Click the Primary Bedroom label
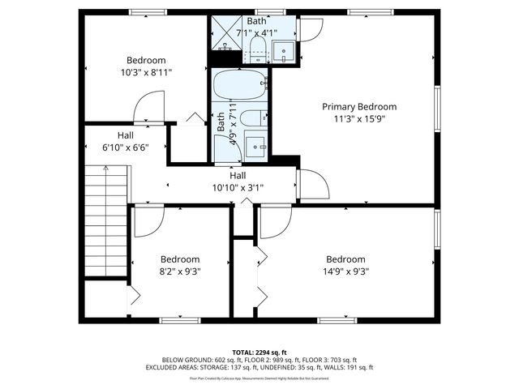click(359, 106)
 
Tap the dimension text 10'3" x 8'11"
click(146, 72)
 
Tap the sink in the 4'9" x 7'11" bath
click(255, 146)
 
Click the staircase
click(106, 219)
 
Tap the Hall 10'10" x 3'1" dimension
click(238, 187)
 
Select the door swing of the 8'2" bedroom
click(147, 221)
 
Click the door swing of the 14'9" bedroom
click(274, 220)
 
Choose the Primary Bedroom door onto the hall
click(312, 184)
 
